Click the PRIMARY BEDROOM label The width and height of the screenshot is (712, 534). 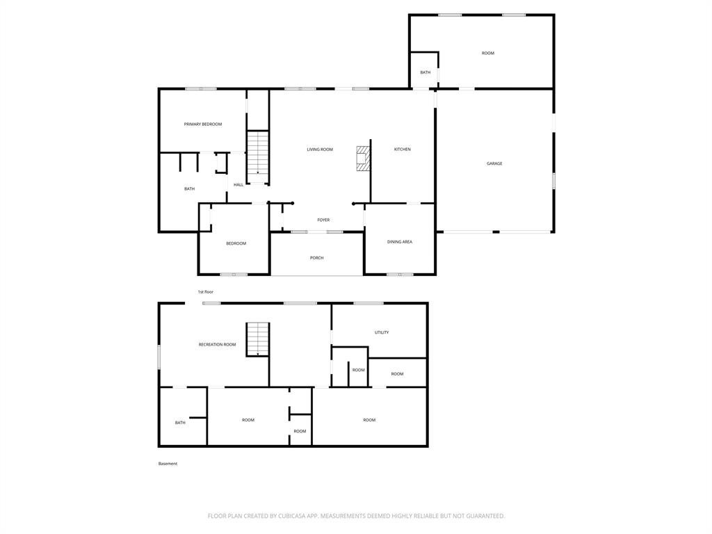(203, 124)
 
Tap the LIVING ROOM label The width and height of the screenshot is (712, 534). (320, 149)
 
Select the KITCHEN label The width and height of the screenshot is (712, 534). (403, 149)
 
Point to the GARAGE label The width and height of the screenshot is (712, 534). (494, 163)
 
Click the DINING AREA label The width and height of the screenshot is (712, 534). (400, 242)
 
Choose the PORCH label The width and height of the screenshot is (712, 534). (317, 258)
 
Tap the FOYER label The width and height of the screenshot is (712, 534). (323, 220)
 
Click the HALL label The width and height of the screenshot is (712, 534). (238, 185)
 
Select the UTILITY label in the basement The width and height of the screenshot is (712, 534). (382, 332)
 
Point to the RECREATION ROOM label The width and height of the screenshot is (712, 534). (217, 345)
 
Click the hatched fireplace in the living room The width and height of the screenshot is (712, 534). (363, 159)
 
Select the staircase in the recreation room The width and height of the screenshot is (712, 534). (258, 339)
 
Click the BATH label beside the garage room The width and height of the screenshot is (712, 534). (426, 72)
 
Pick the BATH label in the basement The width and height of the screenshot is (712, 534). (180, 423)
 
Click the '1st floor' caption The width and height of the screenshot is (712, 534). (205, 292)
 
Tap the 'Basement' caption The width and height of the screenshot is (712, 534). (168, 464)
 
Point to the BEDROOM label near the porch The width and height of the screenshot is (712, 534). (236, 243)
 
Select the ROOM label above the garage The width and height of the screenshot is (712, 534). (488, 53)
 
